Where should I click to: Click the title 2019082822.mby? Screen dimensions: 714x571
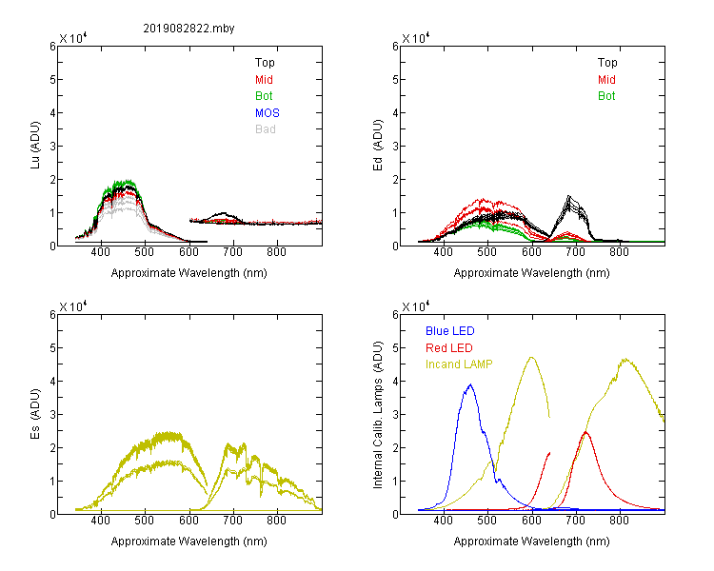pos(188,29)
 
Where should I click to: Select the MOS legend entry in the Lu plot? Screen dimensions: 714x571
pos(268,113)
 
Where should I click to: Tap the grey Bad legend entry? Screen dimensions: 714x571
pos(266,129)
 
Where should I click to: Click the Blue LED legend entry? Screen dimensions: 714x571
pos(450,331)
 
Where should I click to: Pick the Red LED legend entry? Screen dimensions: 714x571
pos(449,348)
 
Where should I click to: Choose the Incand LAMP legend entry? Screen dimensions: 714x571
pos(459,364)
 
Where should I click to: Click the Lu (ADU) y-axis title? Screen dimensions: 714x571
pos(35,146)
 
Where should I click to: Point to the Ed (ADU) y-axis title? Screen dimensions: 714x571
pos(378,146)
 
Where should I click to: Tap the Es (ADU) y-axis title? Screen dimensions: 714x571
pos(35,414)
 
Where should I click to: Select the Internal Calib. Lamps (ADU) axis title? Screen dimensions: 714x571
pos(378,415)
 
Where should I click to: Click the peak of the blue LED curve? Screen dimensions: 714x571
pos(470,384)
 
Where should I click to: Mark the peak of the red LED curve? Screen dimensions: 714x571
pos(585,432)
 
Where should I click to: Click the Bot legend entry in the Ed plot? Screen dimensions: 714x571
pos(606,96)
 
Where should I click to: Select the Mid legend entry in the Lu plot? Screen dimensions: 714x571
pos(264,80)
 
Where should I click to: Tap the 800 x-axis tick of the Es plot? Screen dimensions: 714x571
pos(276,521)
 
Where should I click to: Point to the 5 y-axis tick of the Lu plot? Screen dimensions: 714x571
pos(52,80)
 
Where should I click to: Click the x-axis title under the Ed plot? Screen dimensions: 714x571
pos(531,273)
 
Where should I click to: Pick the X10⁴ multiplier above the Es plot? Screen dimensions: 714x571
pos(73,306)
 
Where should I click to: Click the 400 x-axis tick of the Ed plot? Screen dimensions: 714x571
pos(443,252)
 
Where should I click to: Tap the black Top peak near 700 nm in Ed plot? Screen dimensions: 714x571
pos(568,196)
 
